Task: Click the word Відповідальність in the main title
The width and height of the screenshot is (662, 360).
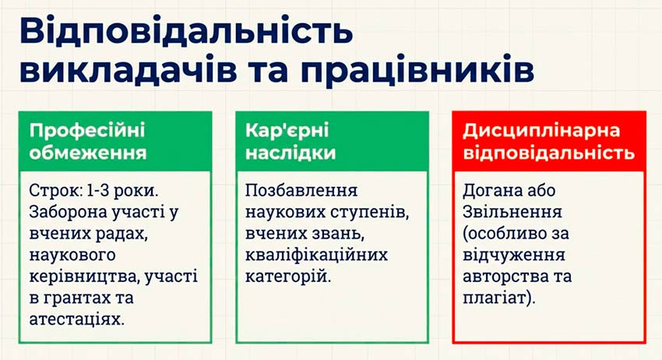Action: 186,31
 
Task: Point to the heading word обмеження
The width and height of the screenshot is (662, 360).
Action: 88,153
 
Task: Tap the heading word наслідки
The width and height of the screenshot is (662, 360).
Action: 291,153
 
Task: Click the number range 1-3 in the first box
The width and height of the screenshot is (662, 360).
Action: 97,191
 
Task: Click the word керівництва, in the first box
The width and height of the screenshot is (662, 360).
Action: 84,277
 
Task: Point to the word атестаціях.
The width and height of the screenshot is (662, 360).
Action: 77,319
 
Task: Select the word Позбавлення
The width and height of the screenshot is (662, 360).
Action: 301,191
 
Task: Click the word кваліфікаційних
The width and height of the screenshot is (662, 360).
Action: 316,256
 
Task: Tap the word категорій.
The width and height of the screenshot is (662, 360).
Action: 288,277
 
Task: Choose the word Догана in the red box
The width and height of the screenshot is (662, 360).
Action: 491,191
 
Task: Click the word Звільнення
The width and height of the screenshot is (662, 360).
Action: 512,212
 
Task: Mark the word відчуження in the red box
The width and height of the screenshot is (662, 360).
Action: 514,256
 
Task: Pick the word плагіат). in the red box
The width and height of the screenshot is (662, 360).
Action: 499,298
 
